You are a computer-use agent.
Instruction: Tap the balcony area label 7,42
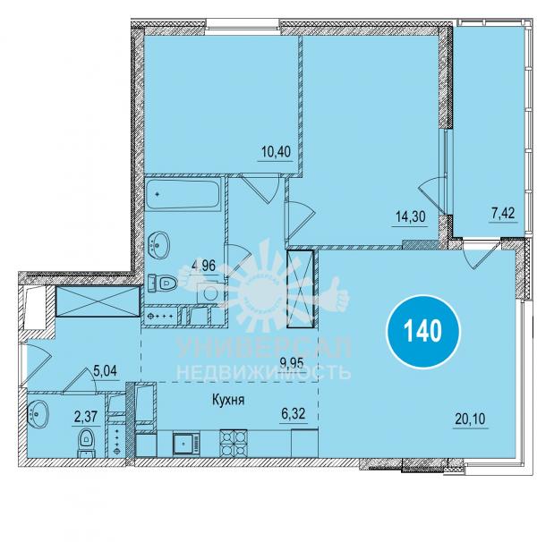[503, 213]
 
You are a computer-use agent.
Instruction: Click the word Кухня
[228, 400]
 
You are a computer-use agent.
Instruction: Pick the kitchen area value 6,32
[294, 413]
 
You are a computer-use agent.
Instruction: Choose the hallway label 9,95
[292, 363]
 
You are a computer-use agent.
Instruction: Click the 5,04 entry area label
[106, 371]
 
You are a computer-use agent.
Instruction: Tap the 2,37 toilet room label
[84, 417]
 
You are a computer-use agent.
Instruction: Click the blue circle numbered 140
[422, 331]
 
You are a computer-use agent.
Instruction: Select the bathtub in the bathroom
[183, 194]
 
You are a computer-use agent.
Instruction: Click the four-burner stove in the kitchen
[233, 443]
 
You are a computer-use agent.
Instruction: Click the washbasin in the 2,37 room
[38, 413]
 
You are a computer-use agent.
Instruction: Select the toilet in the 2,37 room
[85, 443]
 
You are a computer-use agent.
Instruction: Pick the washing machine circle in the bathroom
[210, 293]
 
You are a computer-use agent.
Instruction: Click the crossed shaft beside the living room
[300, 289]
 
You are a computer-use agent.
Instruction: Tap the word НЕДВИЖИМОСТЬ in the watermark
[264, 373]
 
